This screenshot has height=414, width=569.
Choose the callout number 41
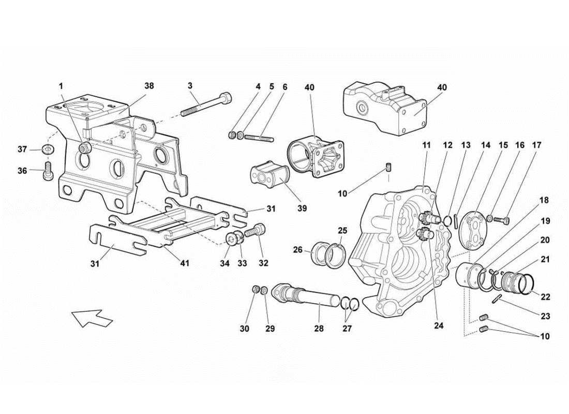tap(185, 263)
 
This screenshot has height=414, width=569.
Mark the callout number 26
tap(297, 250)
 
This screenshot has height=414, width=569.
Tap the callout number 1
tap(61, 85)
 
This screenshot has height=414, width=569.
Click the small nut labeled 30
tap(256, 288)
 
